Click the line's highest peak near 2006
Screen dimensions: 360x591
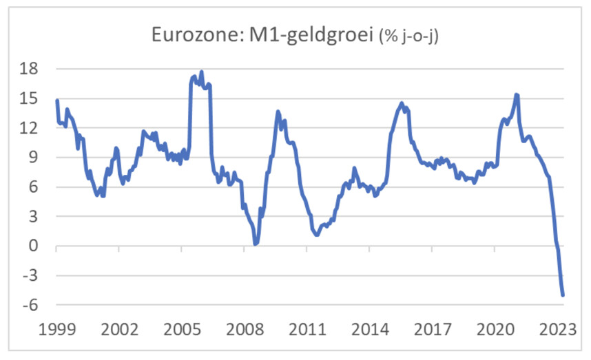click(201, 71)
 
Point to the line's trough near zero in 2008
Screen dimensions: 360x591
click(256, 244)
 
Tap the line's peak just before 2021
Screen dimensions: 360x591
click(517, 95)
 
